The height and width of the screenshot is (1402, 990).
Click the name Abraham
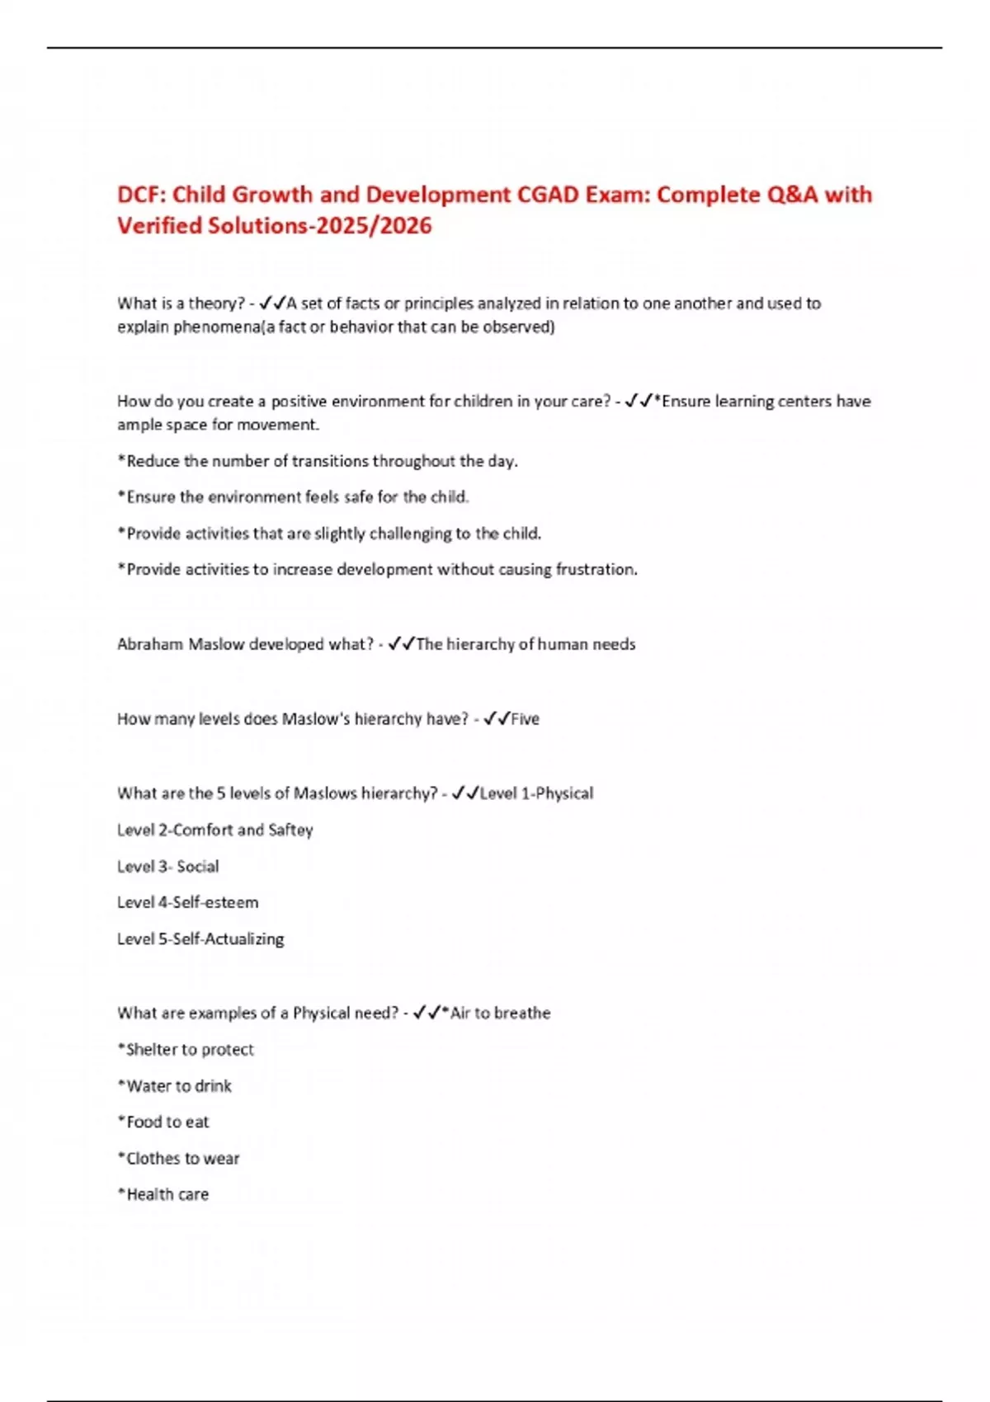(149, 644)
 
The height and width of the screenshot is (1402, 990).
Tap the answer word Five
(525, 719)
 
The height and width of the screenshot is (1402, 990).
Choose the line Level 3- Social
(168, 867)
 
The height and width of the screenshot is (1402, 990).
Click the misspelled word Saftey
(290, 830)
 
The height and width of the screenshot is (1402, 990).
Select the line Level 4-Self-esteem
(188, 903)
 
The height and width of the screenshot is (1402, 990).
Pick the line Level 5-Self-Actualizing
(200, 939)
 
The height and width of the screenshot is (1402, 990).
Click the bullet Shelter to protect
(186, 1050)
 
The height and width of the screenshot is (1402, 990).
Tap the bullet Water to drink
(175, 1086)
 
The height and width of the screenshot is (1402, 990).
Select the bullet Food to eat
(164, 1122)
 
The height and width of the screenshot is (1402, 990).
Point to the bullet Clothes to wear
(179, 1159)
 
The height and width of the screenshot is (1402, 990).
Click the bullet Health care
(163, 1195)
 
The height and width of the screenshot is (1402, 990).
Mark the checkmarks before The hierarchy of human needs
(401, 644)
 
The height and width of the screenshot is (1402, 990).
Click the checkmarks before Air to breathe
(427, 1013)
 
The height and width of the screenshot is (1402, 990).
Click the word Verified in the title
(159, 226)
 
